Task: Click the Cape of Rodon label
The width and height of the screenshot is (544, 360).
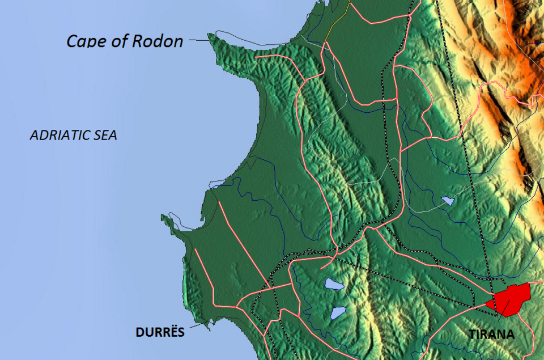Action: [x=125, y=41]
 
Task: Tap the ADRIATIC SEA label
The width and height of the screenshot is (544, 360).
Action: [x=73, y=135]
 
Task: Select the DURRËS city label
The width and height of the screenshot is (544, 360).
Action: [x=160, y=332]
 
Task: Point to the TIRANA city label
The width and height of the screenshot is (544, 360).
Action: [x=491, y=334]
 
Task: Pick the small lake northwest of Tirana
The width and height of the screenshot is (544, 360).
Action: [x=448, y=201]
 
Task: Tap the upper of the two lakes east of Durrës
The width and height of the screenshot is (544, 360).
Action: [x=334, y=284]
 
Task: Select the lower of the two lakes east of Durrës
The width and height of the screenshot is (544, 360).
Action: [x=338, y=312]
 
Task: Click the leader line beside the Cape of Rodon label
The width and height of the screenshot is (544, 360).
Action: [x=199, y=40]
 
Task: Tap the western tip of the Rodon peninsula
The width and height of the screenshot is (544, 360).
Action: [x=210, y=36]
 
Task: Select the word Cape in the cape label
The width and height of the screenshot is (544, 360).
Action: [x=84, y=41]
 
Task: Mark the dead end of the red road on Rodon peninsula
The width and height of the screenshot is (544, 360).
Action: [x=256, y=56]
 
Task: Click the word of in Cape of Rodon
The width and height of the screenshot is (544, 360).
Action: [x=118, y=41]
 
